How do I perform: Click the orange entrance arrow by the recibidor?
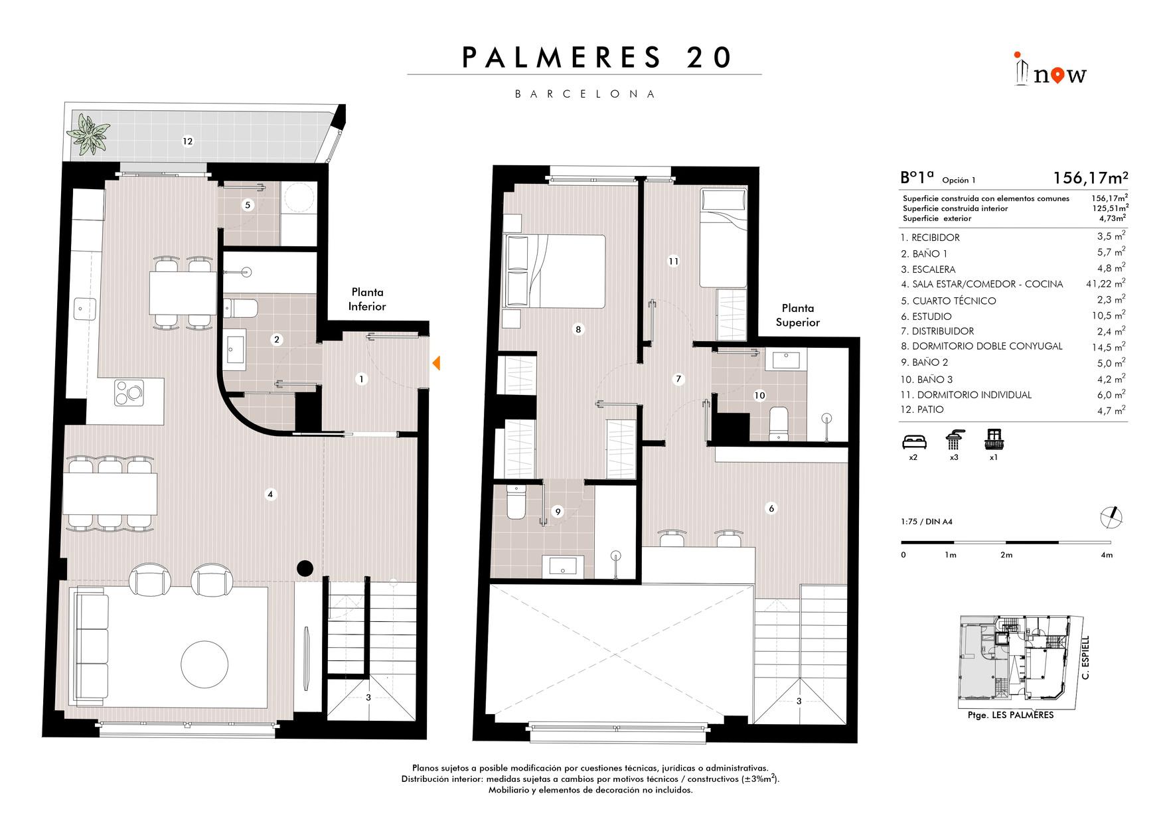click(x=436, y=363)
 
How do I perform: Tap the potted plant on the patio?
click(x=88, y=131)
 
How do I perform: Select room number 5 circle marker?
click(x=248, y=205)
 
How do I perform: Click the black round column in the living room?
click(x=305, y=567)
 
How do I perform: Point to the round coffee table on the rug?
click(x=204, y=663)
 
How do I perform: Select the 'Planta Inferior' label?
click(x=367, y=299)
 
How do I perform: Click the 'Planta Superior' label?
click(x=797, y=315)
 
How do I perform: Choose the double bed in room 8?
click(x=555, y=271)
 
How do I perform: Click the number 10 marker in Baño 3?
click(x=759, y=396)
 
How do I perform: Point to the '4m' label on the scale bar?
click(x=1106, y=555)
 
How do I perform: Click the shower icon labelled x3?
click(x=954, y=440)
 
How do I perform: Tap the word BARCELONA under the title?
click(x=585, y=94)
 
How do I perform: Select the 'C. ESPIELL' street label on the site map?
click(x=1085, y=658)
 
